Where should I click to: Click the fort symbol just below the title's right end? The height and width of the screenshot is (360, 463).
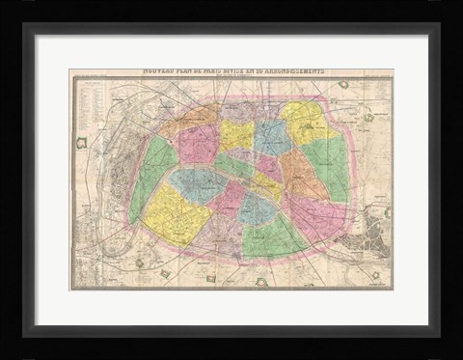click(x=343, y=85)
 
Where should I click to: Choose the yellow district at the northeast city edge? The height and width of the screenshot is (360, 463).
click(x=306, y=122)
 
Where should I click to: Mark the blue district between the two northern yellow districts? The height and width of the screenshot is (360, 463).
click(x=273, y=135)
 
